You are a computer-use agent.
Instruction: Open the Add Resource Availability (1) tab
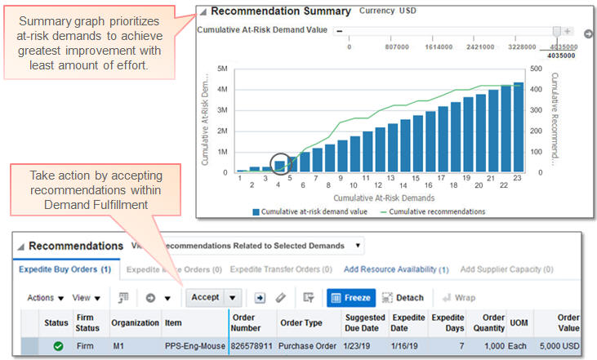pyautogui.click(x=395, y=269)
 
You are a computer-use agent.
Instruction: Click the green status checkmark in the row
pyautogui.click(x=59, y=346)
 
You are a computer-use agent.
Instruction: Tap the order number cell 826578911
pyautogui.click(x=252, y=346)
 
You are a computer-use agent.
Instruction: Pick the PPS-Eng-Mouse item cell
pyautogui.click(x=194, y=346)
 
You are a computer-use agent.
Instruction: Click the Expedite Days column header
pyautogui.click(x=447, y=322)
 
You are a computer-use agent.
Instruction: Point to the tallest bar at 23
pyautogui.click(x=518, y=127)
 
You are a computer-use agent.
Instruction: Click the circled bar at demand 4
pyautogui.click(x=279, y=166)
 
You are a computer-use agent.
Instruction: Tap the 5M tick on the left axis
pyautogui.click(x=222, y=69)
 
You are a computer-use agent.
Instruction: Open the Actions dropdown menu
pyautogui.click(x=45, y=298)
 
